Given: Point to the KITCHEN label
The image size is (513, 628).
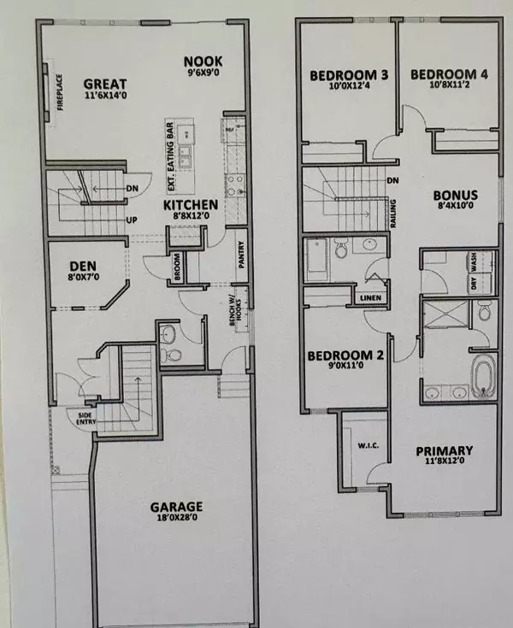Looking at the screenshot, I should coord(191,206).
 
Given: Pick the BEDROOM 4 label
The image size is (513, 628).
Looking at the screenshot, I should coord(449,76).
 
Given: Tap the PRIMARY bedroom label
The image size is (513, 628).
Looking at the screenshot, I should coord(445,451).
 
